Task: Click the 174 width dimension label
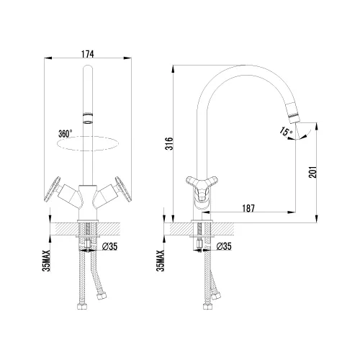(88, 54)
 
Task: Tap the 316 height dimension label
(170, 143)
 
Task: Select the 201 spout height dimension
(312, 172)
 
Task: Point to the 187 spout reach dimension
(248, 208)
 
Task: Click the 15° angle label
(286, 131)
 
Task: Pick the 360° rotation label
(66, 134)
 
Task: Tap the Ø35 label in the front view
(109, 246)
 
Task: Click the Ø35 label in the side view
(224, 246)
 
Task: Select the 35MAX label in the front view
(46, 261)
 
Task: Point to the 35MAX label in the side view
(161, 261)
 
